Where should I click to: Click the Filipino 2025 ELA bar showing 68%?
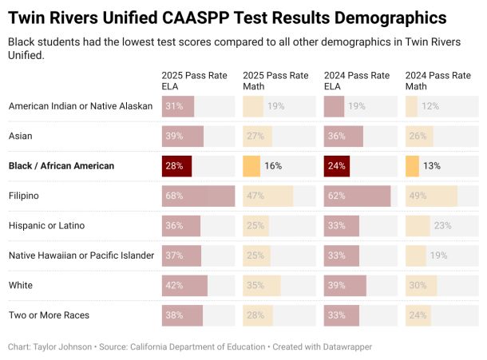click(x=198, y=196)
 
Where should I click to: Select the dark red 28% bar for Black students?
click(x=176, y=166)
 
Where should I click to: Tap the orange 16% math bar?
click(x=251, y=166)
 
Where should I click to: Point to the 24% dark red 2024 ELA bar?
click(x=337, y=166)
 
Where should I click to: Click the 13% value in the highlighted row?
click(x=432, y=166)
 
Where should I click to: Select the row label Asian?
click(x=20, y=136)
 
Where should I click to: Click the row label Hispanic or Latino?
click(x=46, y=226)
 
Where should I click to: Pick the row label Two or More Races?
click(x=49, y=315)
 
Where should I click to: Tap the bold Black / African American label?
click(x=61, y=166)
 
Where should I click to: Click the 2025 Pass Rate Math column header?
click(x=275, y=81)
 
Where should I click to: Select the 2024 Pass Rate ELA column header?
click(x=357, y=81)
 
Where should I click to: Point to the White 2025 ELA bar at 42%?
click(x=184, y=286)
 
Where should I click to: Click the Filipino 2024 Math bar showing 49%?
click(x=431, y=196)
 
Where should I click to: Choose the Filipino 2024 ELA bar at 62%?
click(x=357, y=196)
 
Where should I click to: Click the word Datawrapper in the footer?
click(x=343, y=347)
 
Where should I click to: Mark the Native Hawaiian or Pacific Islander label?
click(x=81, y=255)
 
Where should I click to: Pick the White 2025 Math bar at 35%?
click(x=262, y=286)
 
